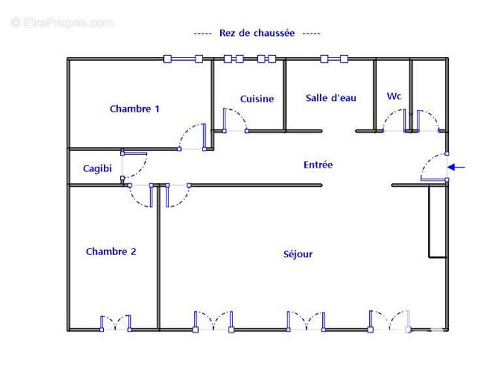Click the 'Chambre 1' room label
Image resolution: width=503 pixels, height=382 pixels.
coord(135,109)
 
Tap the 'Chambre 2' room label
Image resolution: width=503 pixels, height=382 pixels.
coord(111,252)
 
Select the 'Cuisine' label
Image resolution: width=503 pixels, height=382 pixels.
coord(257,99)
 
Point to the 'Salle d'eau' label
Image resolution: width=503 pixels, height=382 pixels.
coord(331,98)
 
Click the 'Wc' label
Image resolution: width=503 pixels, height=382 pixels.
coord(394,96)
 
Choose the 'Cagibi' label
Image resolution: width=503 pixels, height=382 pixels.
coord(97,169)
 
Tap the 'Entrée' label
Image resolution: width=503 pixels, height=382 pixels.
coord(318,165)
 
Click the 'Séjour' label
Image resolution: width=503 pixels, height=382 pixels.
coord(298,254)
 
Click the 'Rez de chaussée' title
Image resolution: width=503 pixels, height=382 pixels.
coord(257,33)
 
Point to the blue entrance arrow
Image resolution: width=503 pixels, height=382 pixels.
coord(457,167)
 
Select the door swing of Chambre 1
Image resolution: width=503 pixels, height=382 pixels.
coord(193,137)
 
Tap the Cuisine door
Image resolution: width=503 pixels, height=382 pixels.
coord(234,120)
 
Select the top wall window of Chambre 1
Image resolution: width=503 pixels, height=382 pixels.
coord(184,59)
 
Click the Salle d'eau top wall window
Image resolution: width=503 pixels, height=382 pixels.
coord(333,59)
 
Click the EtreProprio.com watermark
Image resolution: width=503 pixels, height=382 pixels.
coord(62,23)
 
